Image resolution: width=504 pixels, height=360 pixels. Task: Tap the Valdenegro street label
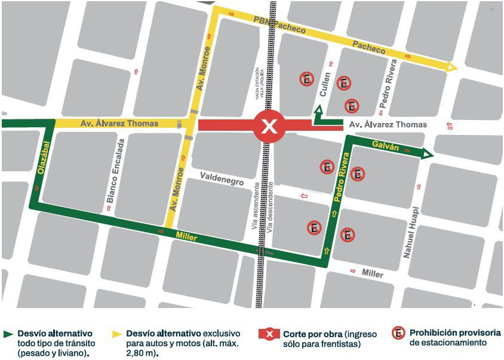click(x=222, y=177)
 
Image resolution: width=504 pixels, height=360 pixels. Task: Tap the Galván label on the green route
click(x=383, y=145)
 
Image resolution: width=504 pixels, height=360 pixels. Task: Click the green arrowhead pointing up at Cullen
click(x=318, y=110)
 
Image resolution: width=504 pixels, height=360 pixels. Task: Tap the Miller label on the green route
click(x=187, y=237)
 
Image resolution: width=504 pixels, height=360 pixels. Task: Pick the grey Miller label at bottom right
click(x=373, y=273)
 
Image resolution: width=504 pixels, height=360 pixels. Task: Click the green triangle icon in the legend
click(x=8, y=334)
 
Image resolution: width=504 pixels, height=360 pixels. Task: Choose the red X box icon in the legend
click(x=269, y=334)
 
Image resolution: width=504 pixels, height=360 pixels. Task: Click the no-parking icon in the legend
click(x=398, y=334)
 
